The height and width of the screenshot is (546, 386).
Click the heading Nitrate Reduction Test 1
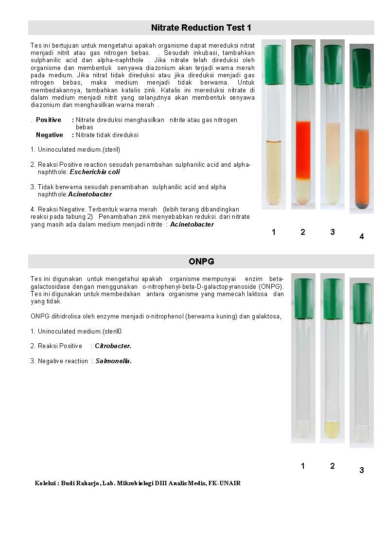point(201,28)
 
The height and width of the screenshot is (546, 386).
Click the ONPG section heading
point(201,262)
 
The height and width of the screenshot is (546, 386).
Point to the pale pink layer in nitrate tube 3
point(333,143)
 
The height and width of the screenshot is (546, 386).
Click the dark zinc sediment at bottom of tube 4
point(362,206)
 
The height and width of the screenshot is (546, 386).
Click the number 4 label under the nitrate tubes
point(361,237)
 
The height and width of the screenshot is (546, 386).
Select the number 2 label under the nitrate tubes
point(303,232)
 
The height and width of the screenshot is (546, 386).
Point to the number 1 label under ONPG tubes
point(303,466)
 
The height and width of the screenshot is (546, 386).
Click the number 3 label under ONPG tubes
point(361,470)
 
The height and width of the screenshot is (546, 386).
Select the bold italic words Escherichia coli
point(95,172)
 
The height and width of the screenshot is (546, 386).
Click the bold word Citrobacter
point(113,346)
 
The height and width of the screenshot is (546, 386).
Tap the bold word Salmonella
point(114,361)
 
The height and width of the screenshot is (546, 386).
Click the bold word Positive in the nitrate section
point(49,120)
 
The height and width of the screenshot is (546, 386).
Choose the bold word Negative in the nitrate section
point(50,135)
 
